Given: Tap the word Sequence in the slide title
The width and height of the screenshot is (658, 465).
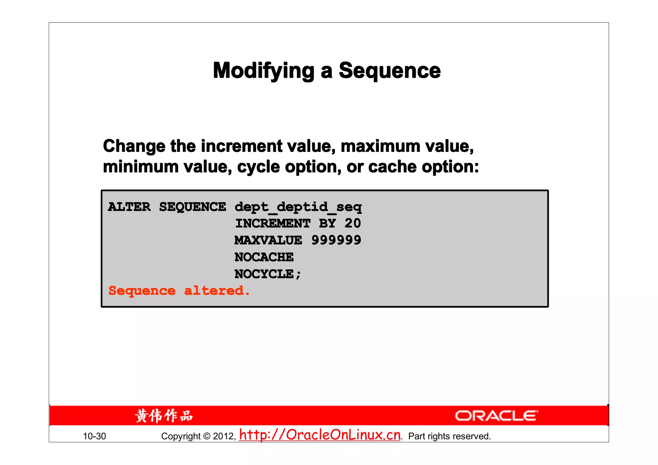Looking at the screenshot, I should coord(389,71).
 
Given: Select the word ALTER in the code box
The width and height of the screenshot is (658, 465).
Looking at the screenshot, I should coord(129,207).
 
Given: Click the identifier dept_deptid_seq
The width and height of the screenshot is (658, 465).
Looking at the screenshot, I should coord(298,207).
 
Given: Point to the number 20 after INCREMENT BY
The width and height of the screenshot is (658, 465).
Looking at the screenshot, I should coord(352,224).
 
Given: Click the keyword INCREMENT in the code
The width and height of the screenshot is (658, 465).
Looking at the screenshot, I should coord(273,224).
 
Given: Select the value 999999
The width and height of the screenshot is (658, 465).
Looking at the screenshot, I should coord(336,240).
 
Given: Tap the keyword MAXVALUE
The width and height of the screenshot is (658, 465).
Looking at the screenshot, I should coord(268,240).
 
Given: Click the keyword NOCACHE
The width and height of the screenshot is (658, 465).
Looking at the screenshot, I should coord(264,257).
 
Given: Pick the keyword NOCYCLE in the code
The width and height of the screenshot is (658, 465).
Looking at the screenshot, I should coord(264,274).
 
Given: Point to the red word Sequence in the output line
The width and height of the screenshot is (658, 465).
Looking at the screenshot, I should coord(142,291).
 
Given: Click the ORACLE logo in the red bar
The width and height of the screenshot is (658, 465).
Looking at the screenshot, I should coord(496,416).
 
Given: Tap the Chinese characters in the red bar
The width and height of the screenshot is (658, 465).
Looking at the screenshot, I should coord(164,416).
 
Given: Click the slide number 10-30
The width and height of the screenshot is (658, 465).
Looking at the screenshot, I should coord(94,436).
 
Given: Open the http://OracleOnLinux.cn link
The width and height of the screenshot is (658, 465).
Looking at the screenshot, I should coord(320,435).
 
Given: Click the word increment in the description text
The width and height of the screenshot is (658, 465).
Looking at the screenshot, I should coord(241,146).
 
